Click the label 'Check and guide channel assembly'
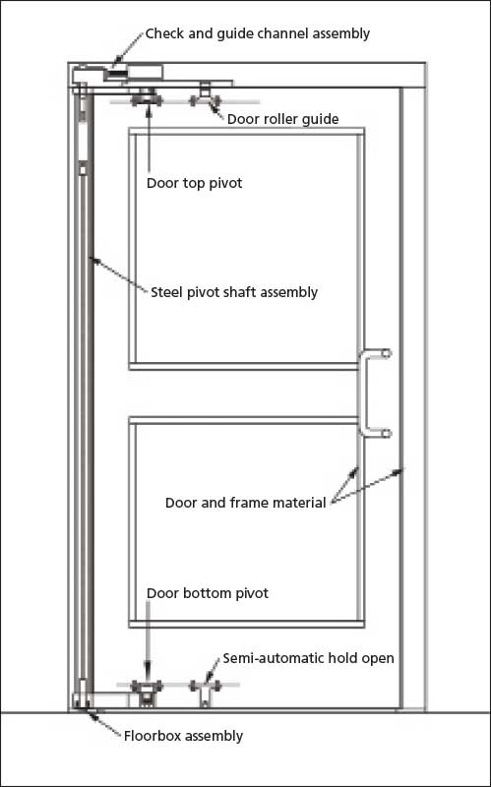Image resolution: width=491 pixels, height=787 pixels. click(258, 34)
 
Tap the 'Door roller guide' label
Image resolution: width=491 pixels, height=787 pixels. click(283, 119)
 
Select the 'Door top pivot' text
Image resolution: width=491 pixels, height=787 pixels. click(194, 183)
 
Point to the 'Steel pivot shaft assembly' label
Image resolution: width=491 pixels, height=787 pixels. click(234, 292)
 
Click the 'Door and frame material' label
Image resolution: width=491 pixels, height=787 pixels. click(246, 503)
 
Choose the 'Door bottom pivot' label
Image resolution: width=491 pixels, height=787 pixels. click(208, 593)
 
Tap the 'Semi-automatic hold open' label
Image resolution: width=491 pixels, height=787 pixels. click(309, 658)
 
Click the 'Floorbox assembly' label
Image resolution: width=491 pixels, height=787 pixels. click(183, 736)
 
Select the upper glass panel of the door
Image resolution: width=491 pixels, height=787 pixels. click(247, 249)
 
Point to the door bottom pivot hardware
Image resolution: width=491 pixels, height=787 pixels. click(147, 691)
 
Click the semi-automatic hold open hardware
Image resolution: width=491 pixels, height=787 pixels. click(205, 692)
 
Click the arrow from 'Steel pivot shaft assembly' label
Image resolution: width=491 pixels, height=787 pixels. click(118, 273)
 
